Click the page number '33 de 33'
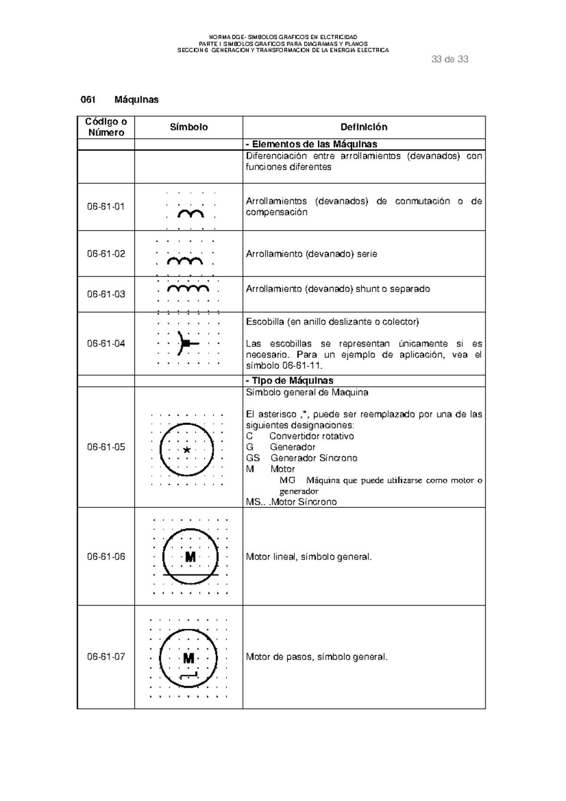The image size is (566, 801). click(x=449, y=59)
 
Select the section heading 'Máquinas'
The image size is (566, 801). click(x=136, y=100)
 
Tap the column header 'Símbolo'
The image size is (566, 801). click(x=189, y=127)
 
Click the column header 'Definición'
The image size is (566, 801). click(x=364, y=127)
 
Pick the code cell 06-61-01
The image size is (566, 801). click(x=106, y=207)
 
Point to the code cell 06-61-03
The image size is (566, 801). click(x=106, y=294)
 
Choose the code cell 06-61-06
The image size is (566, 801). click(x=106, y=557)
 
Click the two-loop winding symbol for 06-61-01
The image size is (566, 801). click(x=191, y=215)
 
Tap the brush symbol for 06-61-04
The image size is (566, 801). click(x=186, y=343)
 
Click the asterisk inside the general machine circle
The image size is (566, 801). click(x=187, y=450)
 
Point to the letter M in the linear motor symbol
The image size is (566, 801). click(x=190, y=557)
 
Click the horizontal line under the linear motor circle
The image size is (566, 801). click(x=191, y=575)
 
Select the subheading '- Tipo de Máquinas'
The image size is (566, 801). click(x=290, y=381)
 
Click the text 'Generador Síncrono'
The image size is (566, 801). click(x=314, y=458)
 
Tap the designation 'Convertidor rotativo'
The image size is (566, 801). click(x=311, y=436)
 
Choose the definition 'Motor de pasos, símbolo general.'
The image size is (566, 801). click(x=316, y=657)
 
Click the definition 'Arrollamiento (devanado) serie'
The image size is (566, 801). click(x=311, y=254)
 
